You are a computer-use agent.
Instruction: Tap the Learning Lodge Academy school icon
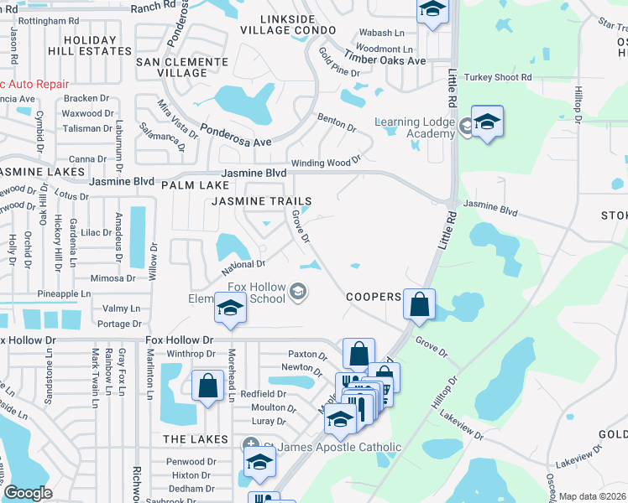tap(486, 122)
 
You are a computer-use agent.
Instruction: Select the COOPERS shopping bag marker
tap(419, 305)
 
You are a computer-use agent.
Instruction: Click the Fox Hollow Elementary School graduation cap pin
tap(230, 308)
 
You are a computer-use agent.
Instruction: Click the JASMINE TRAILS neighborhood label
tap(261, 202)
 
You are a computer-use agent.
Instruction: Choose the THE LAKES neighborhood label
tap(195, 439)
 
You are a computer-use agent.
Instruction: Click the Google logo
tap(29, 493)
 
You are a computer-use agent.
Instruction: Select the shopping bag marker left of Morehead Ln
tap(207, 386)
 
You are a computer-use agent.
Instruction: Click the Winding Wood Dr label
tap(325, 162)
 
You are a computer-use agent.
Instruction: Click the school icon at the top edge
tap(432, 10)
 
